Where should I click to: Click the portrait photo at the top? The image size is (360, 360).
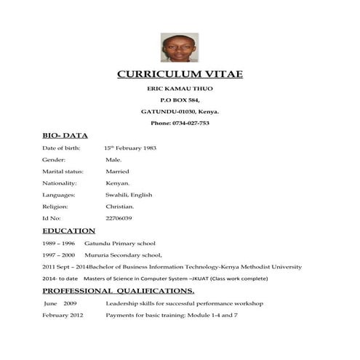click(180, 47)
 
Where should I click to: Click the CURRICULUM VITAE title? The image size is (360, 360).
click(180, 75)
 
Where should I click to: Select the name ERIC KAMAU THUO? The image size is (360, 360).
click(180, 89)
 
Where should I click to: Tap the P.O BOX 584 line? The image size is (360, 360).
click(180, 100)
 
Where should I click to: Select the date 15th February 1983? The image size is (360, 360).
click(131, 148)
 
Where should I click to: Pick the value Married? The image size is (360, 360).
click(118, 172)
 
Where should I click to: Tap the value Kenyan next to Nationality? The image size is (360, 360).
click(118, 183)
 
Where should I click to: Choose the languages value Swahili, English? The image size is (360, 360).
click(129, 195)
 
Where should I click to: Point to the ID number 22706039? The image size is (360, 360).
click(119, 218)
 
